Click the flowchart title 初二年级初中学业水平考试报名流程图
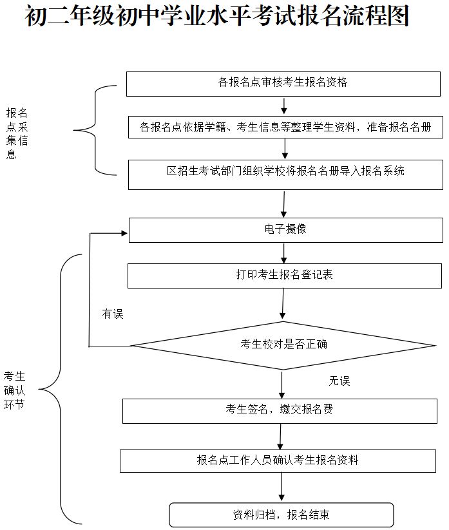tap(217, 17)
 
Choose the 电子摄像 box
tap(285, 229)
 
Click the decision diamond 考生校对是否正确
tap(283, 345)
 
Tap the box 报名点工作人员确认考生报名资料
tap(278, 460)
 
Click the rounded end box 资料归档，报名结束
tap(281, 515)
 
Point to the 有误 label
tap(112, 314)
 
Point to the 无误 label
tap(339, 381)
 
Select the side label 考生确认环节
tap(15, 390)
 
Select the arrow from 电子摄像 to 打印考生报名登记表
tap(283, 252)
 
